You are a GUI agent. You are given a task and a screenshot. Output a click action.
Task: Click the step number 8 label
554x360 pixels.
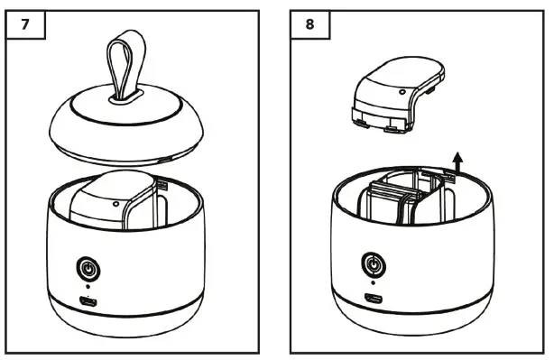[x=310, y=23]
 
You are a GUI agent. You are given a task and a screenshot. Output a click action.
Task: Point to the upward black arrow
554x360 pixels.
[x=457, y=163]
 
